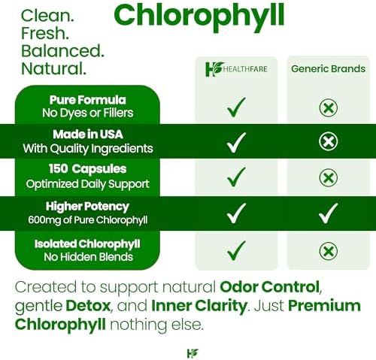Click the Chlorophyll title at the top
coord(199,17)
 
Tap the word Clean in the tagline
coord(47,16)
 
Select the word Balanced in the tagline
coord(62,51)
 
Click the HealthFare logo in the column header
coord(236,69)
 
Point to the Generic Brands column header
coord(328,68)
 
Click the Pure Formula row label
coord(87,100)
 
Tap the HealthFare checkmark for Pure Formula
coord(236,107)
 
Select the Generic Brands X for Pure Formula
coord(329,108)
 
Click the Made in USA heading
coord(88,135)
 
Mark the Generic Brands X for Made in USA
coord(329,141)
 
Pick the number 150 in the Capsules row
coord(58,168)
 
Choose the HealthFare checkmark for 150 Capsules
coord(236,177)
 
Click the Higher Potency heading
coord(87,207)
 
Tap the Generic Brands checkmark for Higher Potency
coord(328,213)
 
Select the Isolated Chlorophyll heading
coord(87,244)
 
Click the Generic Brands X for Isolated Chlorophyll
coord(329,251)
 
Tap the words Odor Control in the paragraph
coord(269,286)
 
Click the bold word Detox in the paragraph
coord(88,306)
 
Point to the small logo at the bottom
coord(193,353)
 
